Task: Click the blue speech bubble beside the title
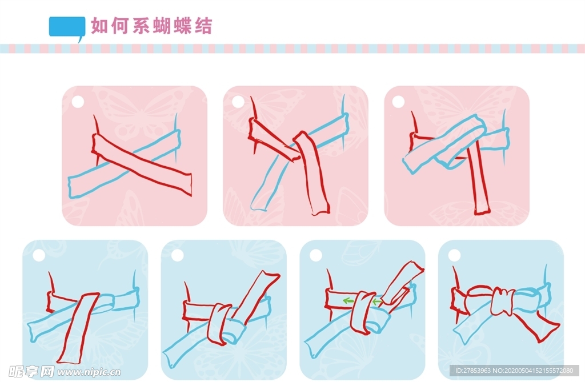click(67, 27)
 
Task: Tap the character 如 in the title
click(99, 26)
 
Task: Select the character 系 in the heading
click(141, 26)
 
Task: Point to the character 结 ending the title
click(203, 26)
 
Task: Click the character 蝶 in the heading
click(183, 26)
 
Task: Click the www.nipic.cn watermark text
click(89, 372)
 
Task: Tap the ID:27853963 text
click(473, 371)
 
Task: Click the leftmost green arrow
click(349, 300)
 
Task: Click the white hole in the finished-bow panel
click(454, 255)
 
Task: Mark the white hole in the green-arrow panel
click(315, 255)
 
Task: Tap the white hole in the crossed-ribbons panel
click(78, 102)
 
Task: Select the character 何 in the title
click(120, 26)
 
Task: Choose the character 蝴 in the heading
click(162, 26)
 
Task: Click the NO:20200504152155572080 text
click(533, 371)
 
